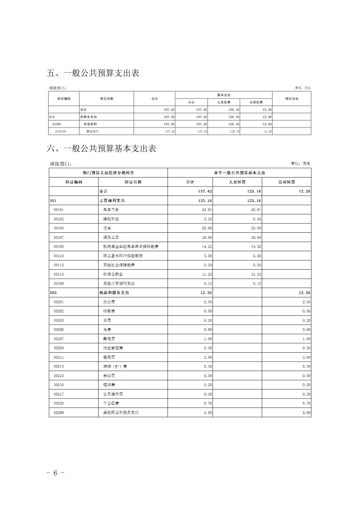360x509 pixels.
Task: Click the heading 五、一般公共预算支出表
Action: [93, 73]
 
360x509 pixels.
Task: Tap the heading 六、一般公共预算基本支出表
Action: [101, 148]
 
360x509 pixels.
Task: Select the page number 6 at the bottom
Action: [55, 472]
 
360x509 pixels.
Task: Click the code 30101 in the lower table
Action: [58, 210]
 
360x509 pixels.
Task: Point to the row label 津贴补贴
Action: [111, 219]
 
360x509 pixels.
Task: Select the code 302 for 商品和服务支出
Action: [53, 293]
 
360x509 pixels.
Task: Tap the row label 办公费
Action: [109, 302]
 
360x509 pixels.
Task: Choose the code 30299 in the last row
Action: [58, 413]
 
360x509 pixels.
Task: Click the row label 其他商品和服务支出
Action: [121, 413]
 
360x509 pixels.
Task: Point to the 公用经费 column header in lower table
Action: [286, 182]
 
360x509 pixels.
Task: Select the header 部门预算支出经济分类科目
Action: [108, 173]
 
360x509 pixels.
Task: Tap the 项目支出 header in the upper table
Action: [291, 98]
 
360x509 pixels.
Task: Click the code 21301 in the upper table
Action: [57, 124]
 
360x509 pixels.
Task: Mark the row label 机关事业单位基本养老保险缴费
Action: [130, 246]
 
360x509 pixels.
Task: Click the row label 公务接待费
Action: [113, 394]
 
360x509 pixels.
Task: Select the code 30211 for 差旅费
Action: [58, 357]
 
